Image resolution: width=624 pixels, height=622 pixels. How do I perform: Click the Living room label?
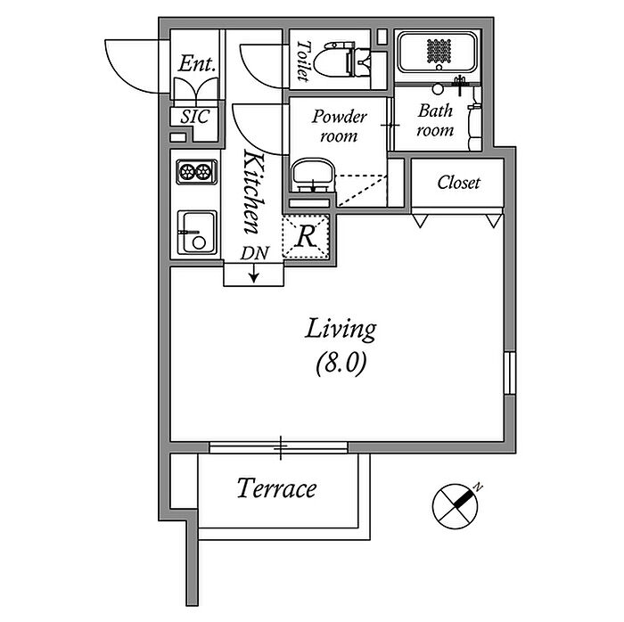[x=341, y=329]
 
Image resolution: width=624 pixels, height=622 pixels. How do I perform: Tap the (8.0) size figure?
[x=341, y=363]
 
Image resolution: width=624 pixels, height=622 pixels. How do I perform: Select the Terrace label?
[x=277, y=488]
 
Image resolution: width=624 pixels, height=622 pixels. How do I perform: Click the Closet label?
[x=458, y=183]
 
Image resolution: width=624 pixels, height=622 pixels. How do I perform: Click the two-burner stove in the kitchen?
[x=197, y=171]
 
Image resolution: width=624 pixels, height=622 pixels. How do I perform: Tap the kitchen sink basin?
[x=197, y=233]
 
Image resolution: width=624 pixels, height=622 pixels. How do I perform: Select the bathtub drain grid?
[x=439, y=51]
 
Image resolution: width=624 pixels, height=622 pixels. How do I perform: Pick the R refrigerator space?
[x=306, y=237]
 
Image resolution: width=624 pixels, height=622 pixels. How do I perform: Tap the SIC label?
[x=195, y=117]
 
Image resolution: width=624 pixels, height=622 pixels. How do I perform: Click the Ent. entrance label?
[x=197, y=63]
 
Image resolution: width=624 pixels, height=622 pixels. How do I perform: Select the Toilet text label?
[x=304, y=61]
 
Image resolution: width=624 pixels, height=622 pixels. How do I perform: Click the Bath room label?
[x=435, y=120]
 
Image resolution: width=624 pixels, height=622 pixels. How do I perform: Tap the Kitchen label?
[x=254, y=192]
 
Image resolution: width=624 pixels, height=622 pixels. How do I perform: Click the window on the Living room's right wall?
[x=510, y=372]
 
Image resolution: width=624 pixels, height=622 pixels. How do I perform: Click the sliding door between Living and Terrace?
[x=278, y=447]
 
